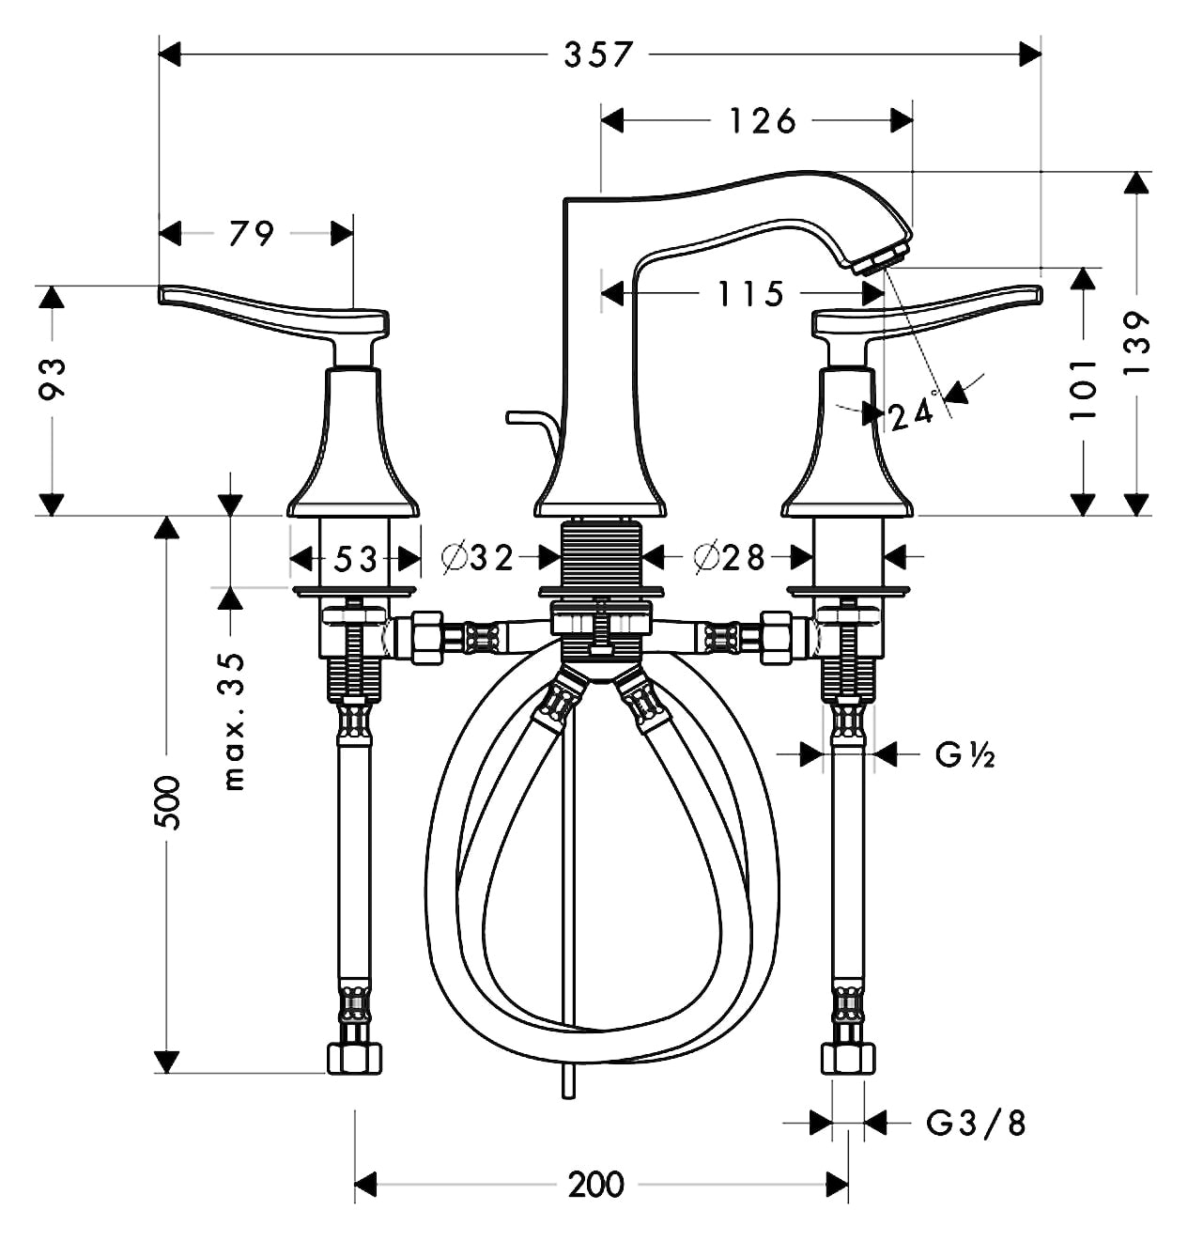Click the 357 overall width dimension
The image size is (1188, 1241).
click(598, 54)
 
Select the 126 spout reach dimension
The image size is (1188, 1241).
click(762, 120)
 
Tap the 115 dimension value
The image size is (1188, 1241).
click(750, 294)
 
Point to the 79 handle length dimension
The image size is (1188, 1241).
click(252, 233)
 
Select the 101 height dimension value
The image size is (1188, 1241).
click(1083, 389)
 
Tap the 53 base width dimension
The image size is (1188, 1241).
click(356, 559)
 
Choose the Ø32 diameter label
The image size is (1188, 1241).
click(477, 558)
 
